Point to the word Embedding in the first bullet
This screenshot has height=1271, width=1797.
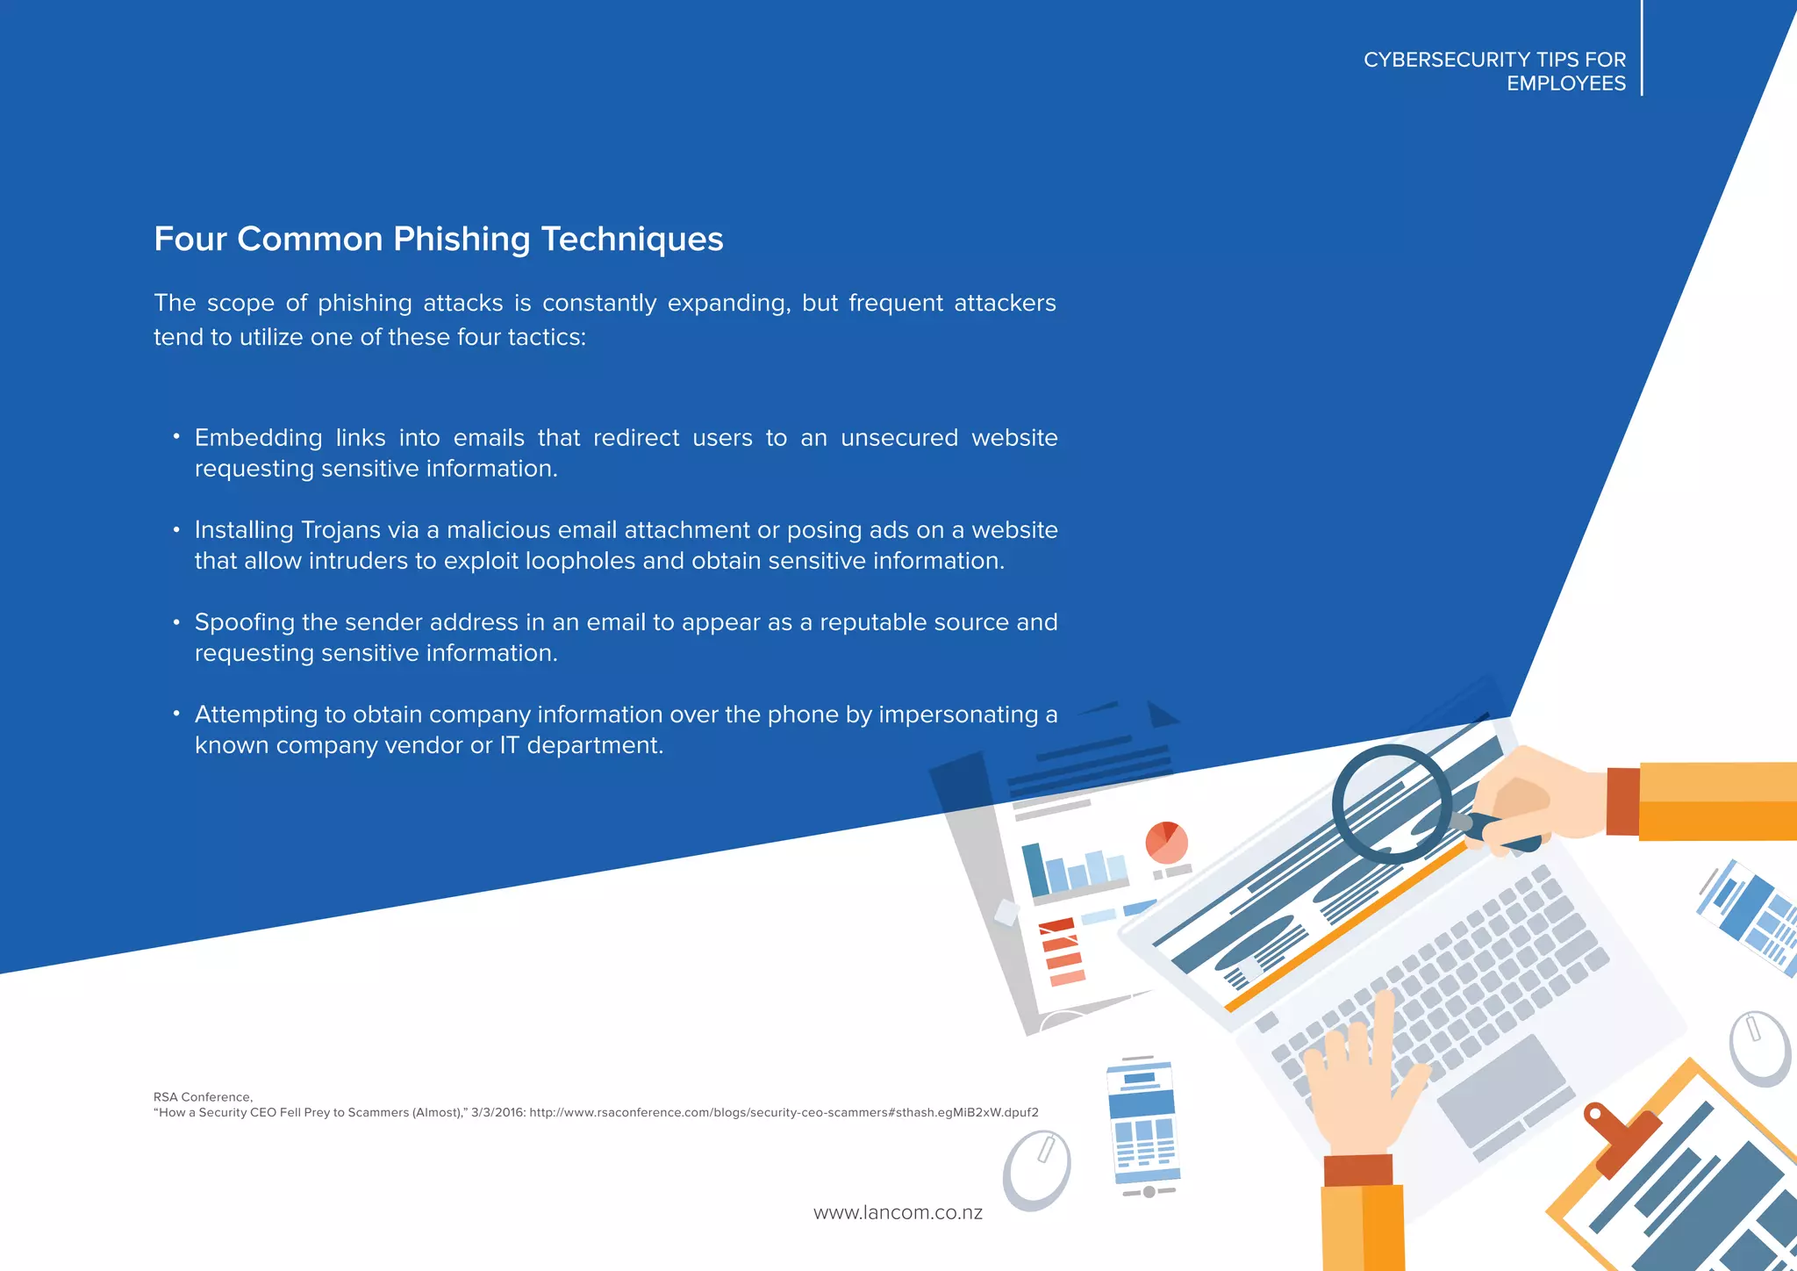tap(258, 438)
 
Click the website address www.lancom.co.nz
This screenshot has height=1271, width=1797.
tap(898, 1213)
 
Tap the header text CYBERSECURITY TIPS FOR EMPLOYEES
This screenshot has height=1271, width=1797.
tap(1494, 71)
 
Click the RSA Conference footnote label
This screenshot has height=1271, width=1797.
tap(203, 1097)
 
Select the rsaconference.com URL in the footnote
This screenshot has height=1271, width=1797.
tap(784, 1113)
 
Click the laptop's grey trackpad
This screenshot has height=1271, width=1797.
tap(1501, 1088)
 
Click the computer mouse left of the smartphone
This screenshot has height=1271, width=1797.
tap(1037, 1169)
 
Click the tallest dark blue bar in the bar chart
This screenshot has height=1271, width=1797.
tap(1035, 869)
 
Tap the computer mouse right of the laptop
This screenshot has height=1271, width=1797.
tap(1759, 1048)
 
